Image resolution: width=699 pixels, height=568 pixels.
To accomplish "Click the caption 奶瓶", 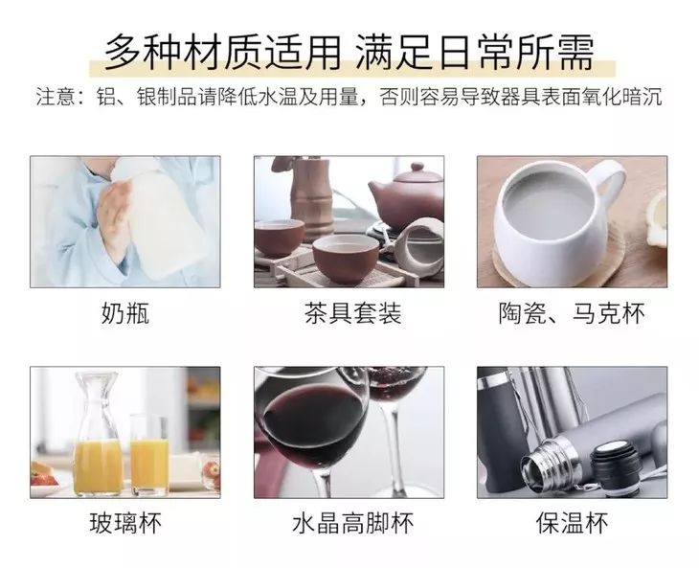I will click(x=124, y=313).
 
